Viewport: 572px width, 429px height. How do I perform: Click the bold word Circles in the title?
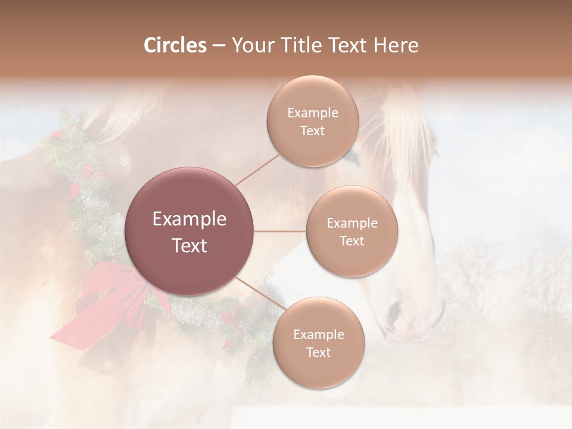tap(175, 45)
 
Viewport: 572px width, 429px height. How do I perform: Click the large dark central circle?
tap(189, 231)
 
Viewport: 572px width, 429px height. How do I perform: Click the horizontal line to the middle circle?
tap(280, 231)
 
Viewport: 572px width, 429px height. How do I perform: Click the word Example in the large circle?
tap(189, 219)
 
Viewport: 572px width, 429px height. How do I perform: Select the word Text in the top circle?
tap(312, 131)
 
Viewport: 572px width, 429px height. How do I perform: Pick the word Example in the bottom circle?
tap(318, 335)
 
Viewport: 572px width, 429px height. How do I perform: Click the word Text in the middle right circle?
tap(352, 241)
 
